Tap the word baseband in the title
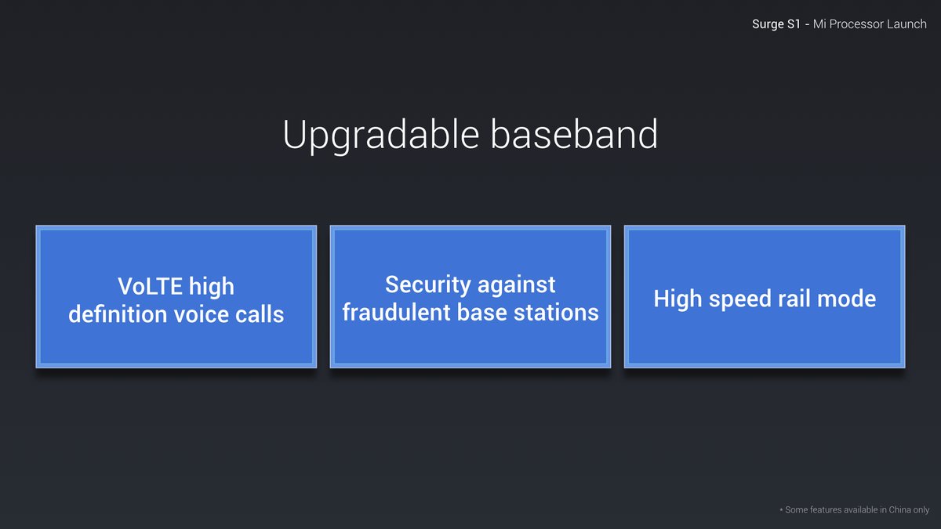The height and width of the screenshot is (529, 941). click(574, 133)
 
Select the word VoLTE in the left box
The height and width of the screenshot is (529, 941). click(150, 286)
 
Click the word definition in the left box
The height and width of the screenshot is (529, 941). click(118, 314)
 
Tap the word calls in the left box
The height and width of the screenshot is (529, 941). click(260, 314)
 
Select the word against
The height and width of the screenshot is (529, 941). click(517, 286)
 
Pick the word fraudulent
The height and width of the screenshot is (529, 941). click(396, 312)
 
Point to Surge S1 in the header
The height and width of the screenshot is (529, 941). click(776, 24)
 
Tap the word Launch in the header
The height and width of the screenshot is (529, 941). click(906, 24)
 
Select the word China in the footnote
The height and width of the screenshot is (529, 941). click(899, 509)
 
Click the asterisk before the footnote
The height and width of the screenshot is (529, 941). click(781, 510)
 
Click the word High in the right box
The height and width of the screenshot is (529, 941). click(678, 299)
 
